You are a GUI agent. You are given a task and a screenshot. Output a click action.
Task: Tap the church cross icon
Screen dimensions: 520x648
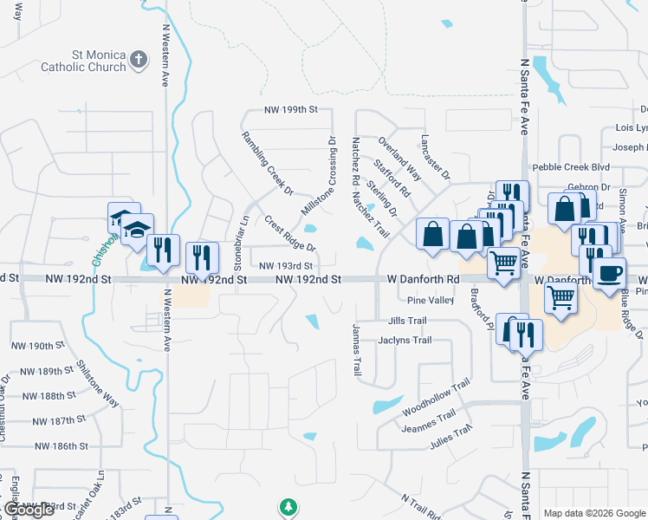tap(139, 60)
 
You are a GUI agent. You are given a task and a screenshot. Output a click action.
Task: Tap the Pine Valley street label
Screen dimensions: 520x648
tap(430, 300)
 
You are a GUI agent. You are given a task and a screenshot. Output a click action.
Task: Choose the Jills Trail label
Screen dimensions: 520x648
tap(407, 321)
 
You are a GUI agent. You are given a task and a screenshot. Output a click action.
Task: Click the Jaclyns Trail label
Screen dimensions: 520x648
tap(405, 341)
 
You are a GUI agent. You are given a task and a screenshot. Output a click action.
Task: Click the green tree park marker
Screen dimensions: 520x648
tap(288, 507)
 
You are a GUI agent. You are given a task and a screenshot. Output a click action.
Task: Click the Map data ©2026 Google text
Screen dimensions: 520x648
tap(593, 513)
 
